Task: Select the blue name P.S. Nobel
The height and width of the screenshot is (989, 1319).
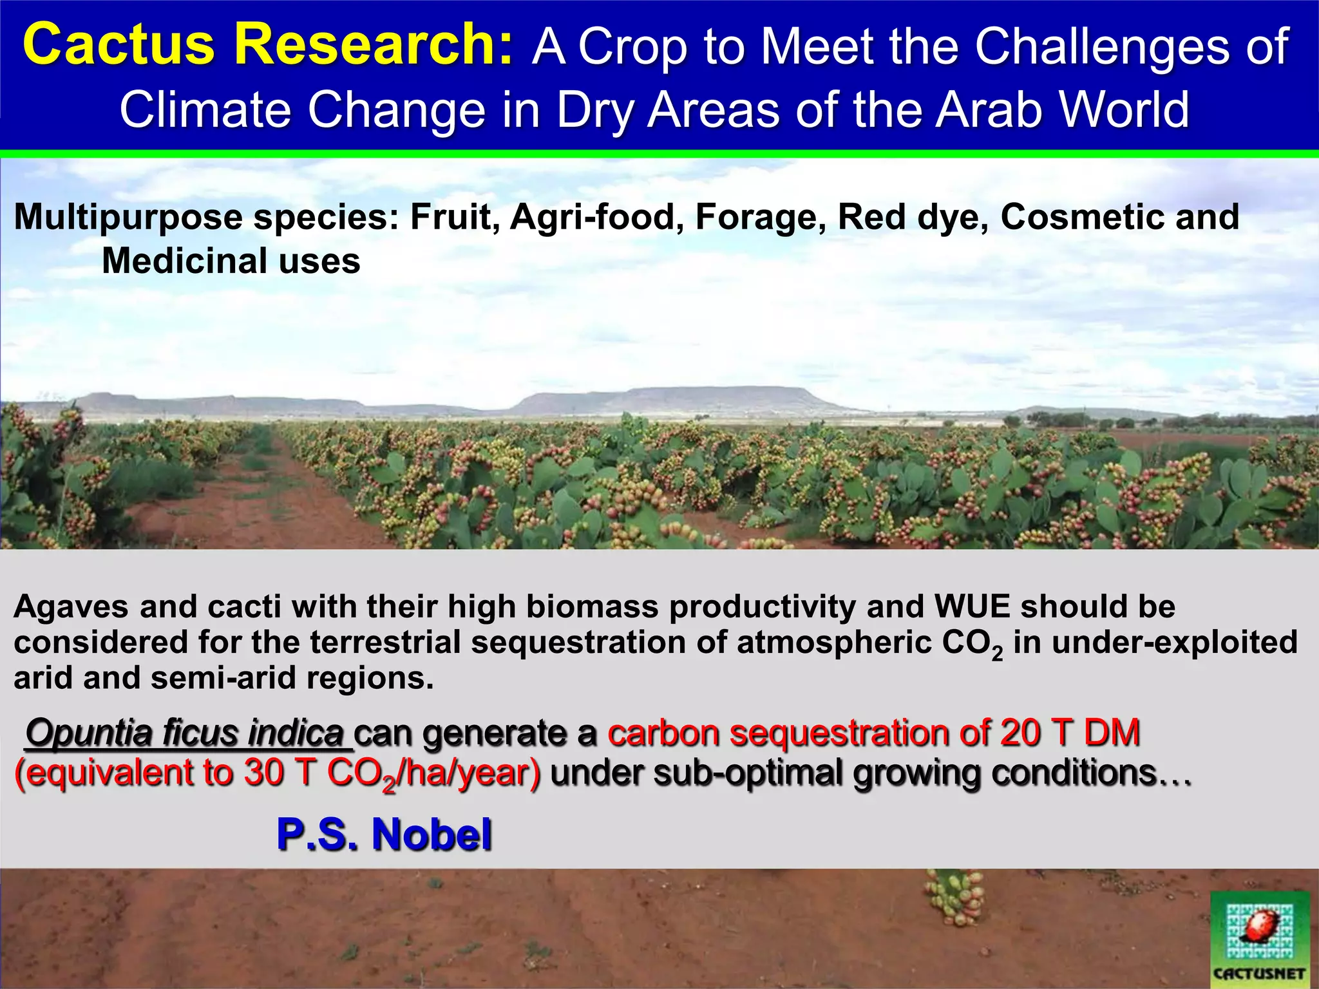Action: tap(384, 834)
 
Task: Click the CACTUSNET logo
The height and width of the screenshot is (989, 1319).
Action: tap(1259, 938)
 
